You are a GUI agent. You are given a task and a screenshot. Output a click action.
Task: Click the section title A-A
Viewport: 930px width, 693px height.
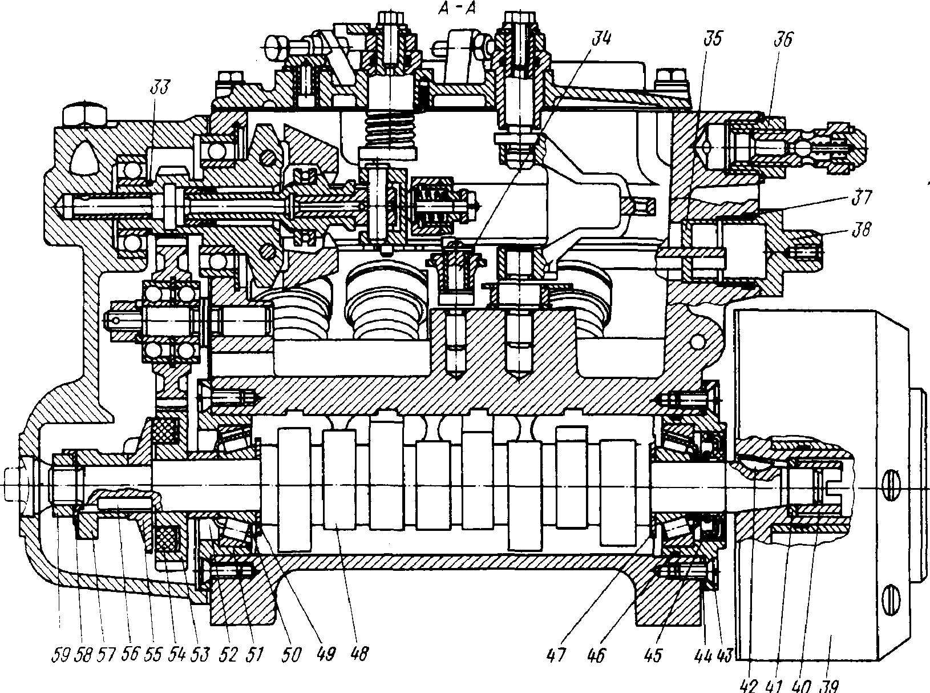click(x=457, y=9)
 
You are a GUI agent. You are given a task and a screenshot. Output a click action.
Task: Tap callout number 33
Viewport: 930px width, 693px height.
click(x=159, y=88)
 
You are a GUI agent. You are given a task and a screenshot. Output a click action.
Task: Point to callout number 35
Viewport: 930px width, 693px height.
click(x=713, y=39)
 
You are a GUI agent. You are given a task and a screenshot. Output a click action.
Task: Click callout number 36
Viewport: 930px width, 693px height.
click(x=783, y=39)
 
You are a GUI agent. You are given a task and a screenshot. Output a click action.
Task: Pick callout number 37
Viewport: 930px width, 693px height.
click(x=862, y=197)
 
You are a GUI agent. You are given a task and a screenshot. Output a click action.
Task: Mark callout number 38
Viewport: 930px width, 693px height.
click(x=861, y=229)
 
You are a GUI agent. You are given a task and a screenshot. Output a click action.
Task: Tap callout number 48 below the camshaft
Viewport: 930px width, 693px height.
click(x=358, y=654)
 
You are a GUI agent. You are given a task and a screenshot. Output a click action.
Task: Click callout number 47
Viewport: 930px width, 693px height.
click(x=556, y=655)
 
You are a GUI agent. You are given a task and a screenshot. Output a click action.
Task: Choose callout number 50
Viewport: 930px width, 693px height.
click(x=292, y=655)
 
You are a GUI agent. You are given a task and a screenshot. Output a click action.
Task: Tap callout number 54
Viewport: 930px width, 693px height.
click(x=176, y=655)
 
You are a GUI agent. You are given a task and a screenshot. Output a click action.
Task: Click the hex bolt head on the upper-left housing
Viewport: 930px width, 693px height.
click(x=84, y=114)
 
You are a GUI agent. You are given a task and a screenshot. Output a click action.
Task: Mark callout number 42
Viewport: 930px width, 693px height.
click(x=749, y=686)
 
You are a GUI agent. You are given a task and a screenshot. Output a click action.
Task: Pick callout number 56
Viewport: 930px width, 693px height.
click(x=129, y=654)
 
